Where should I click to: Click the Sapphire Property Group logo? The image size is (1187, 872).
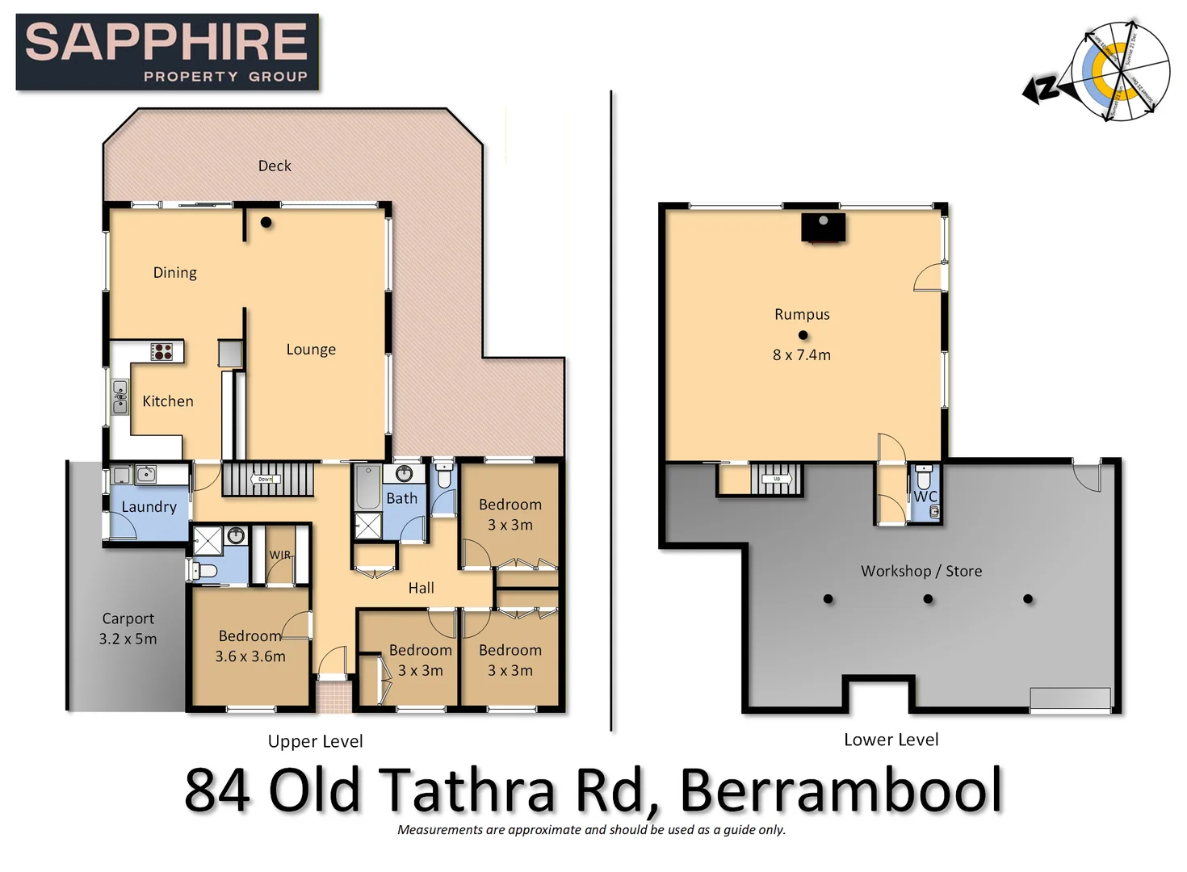167,52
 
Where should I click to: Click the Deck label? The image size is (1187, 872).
275,166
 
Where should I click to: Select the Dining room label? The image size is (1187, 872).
175,273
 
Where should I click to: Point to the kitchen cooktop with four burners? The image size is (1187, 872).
162,351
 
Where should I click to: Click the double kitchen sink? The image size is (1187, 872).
120,397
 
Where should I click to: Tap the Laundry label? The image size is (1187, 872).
149,507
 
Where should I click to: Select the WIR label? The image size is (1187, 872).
279,555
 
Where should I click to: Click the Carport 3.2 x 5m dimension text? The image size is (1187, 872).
128,639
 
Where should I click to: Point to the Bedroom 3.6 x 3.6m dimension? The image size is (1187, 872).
250,656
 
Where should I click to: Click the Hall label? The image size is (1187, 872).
421,588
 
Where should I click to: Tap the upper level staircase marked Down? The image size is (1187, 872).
267,480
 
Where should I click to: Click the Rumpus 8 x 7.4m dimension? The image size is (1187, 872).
802,355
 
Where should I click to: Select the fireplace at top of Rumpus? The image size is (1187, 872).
823,227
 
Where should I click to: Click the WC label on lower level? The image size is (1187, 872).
925,497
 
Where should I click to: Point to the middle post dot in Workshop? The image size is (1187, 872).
928,599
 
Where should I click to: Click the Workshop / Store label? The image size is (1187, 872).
921,571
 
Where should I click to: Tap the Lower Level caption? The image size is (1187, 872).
891,740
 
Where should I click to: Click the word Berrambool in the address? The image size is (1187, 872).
841,790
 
